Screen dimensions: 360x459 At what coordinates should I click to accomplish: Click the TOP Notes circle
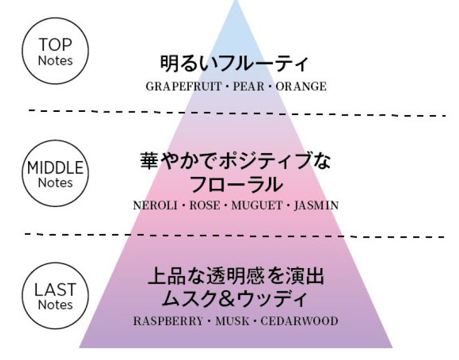(x=55, y=51)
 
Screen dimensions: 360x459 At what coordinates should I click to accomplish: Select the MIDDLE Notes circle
(x=55, y=174)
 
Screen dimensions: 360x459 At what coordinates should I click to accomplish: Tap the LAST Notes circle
(x=55, y=297)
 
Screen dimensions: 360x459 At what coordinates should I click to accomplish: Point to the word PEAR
(x=248, y=86)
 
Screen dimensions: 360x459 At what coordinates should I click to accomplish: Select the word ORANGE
(x=301, y=86)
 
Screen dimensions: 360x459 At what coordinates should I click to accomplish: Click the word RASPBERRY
(x=168, y=321)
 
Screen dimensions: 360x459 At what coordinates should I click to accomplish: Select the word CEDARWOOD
(x=299, y=321)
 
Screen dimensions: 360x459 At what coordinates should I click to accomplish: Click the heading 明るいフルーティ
(x=235, y=64)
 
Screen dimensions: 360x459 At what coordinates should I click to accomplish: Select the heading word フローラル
(x=236, y=185)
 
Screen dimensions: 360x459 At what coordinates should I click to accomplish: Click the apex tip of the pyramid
(x=235, y=2)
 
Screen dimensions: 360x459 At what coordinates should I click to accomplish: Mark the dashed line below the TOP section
(x=238, y=112)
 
